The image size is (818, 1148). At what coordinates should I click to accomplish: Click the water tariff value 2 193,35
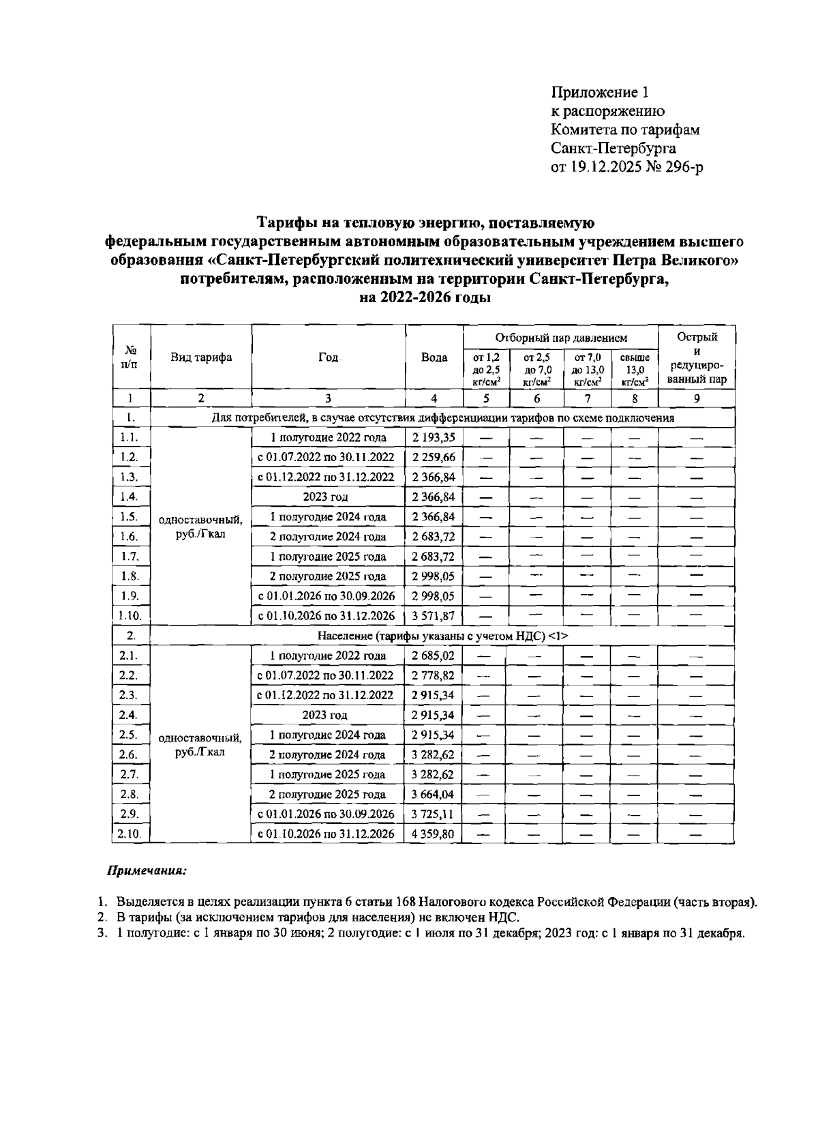pos(434,438)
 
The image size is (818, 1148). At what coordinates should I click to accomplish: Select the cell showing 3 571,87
pos(434,616)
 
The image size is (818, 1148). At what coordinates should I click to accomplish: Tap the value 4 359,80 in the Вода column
pos(434,834)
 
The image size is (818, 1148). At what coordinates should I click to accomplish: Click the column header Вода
pos(434,358)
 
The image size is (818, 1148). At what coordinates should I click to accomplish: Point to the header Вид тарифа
pos(200,358)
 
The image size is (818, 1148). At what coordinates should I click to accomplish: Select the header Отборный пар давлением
pos(560,338)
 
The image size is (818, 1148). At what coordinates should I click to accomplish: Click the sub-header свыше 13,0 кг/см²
pos(634,369)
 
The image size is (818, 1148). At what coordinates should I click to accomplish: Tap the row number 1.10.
pos(130,616)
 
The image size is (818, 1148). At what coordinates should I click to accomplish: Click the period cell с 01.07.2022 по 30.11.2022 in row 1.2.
pos(327,458)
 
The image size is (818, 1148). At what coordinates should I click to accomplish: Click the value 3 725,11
pos(434,814)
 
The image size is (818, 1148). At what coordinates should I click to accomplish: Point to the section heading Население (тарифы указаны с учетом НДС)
pos(443,636)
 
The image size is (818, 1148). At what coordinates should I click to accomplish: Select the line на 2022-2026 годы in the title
pos(425,298)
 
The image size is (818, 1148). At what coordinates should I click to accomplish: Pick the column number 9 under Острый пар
pos(696,399)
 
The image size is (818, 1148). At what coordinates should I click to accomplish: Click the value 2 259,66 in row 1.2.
pos(434,458)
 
